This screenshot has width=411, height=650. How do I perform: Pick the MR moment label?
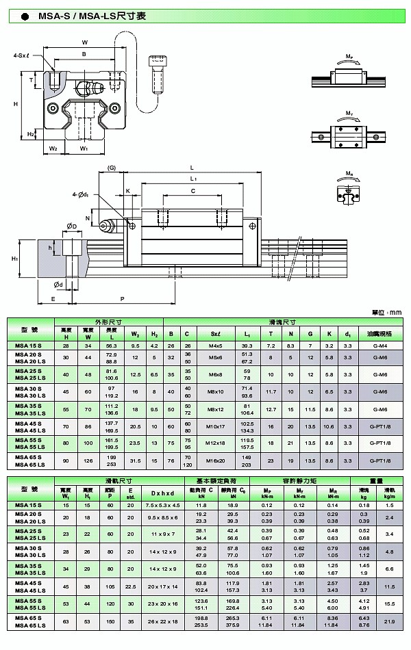click(349, 174)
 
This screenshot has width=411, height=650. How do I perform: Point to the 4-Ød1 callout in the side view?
click(82, 196)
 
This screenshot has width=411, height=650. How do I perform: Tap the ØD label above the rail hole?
click(71, 225)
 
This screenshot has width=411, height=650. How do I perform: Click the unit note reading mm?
click(386, 312)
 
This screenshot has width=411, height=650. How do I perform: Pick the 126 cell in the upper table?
click(88, 461)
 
